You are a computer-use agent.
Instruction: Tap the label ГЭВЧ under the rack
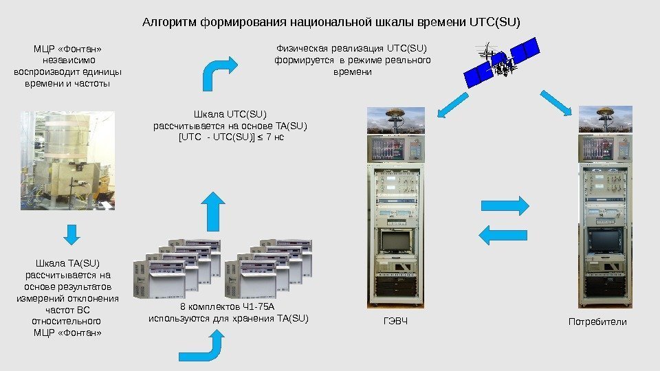point(389,322)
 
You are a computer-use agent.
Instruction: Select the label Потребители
point(597,322)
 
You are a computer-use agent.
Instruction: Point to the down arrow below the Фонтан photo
point(69,234)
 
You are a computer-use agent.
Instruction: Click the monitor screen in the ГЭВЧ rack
point(395,243)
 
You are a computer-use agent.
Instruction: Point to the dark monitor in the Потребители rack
point(605,243)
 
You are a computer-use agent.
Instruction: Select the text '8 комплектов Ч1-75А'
point(217,306)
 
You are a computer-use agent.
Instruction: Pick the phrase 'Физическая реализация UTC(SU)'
point(351,48)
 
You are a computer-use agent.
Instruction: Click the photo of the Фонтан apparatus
point(67,159)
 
